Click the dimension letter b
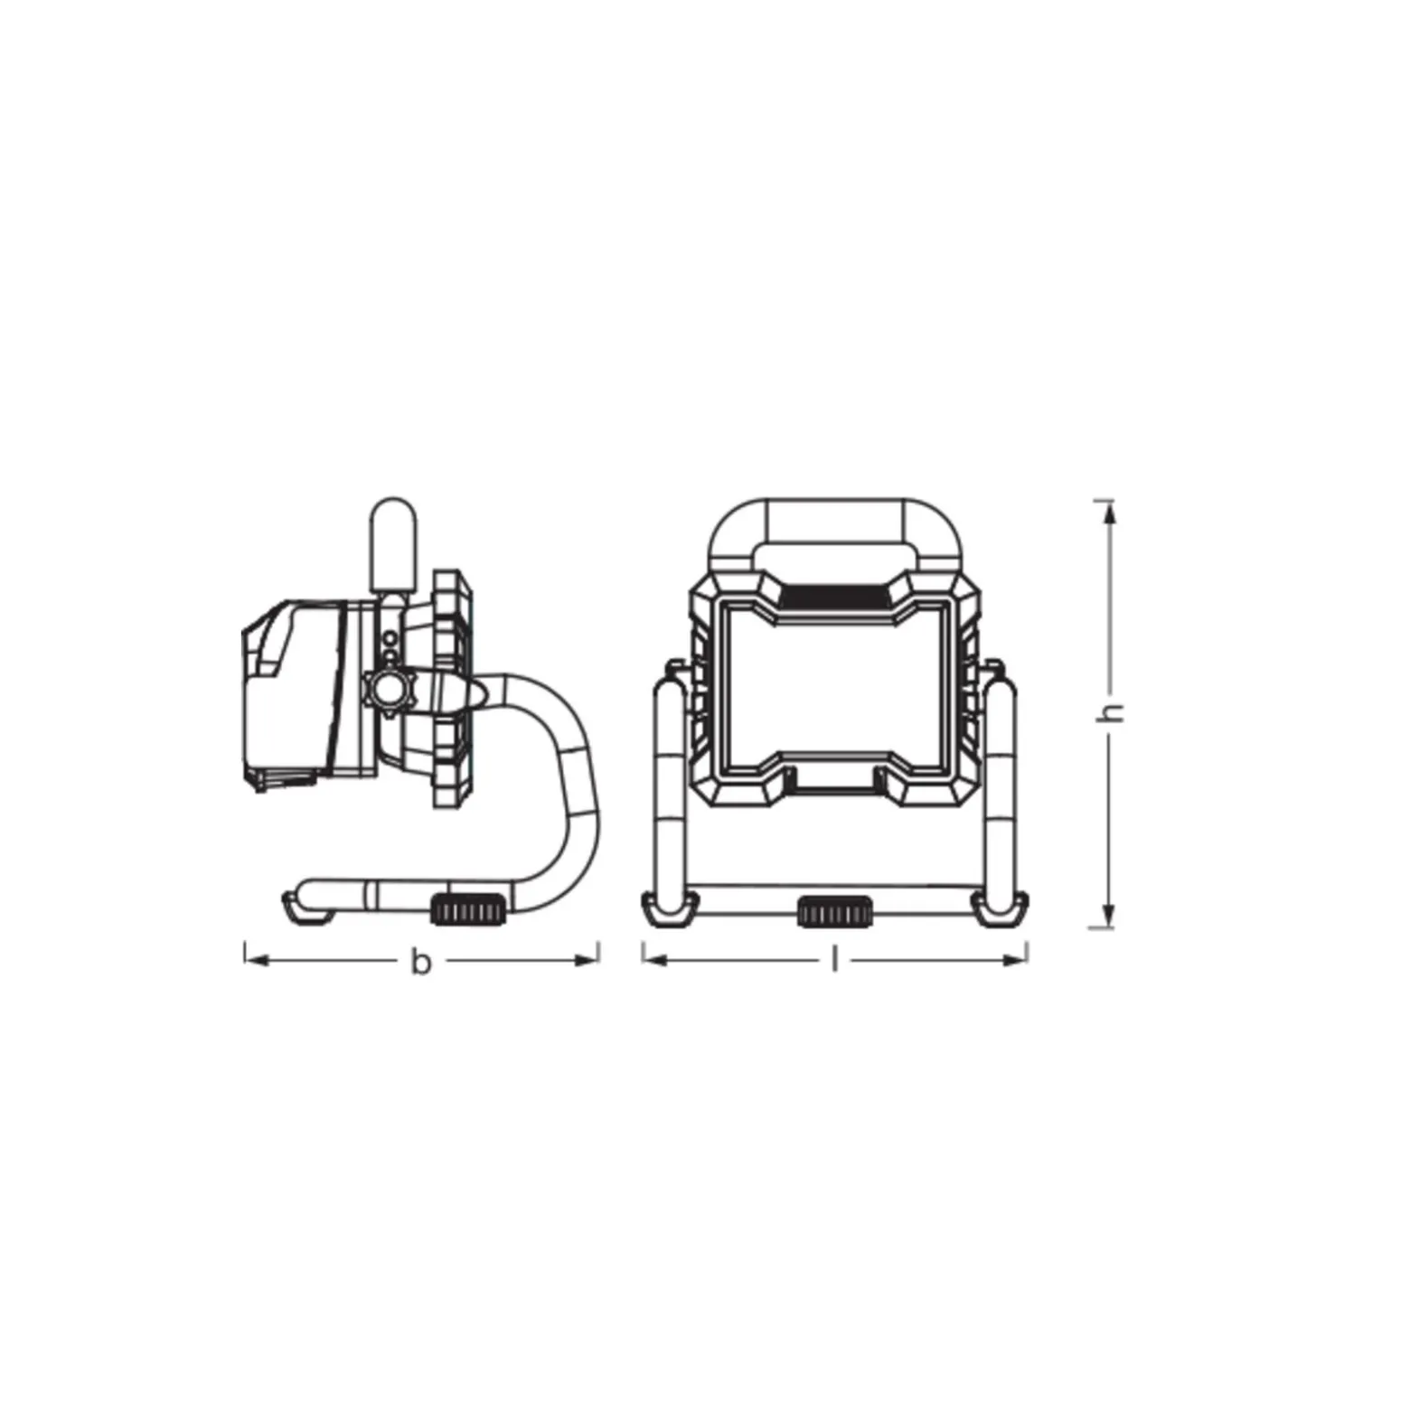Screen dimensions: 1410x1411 pos(420,962)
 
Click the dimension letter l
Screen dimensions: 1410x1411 pos(834,959)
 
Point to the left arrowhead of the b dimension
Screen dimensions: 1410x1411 pos(258,959)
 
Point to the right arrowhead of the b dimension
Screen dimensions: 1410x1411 pos(586,959)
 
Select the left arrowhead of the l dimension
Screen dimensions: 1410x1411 pos(655,958)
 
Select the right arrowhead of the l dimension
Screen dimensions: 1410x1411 pos(1014,958)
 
